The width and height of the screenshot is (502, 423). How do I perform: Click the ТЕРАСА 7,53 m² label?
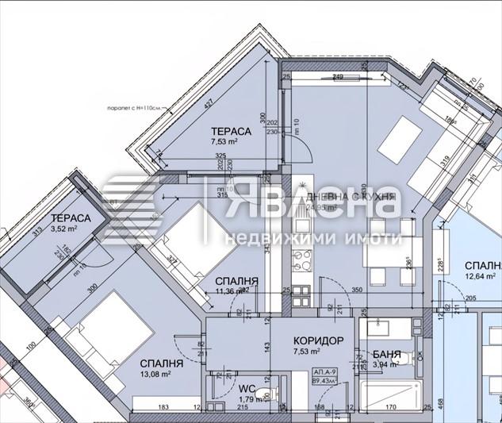(231, 137)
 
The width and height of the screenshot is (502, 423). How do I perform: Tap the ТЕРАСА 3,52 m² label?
(71, 223)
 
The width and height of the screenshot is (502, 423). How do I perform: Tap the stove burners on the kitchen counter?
(302, 257)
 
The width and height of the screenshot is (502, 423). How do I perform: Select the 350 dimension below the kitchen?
(358, 290)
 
